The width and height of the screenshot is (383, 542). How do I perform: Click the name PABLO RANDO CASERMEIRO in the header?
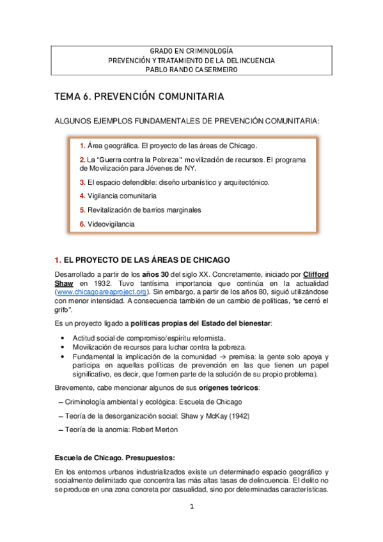(x=192, y=70)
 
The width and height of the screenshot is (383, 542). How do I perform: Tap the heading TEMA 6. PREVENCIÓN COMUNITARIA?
(x=139, y=97)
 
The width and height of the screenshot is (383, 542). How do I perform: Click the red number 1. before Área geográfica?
(x=82, y=146)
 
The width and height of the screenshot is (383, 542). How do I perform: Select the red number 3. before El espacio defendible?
(x=82, y=182)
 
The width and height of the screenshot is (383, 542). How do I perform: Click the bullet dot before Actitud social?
(x=61, y=337)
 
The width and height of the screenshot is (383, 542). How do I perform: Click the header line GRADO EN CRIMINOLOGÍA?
(x=192, y=51)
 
